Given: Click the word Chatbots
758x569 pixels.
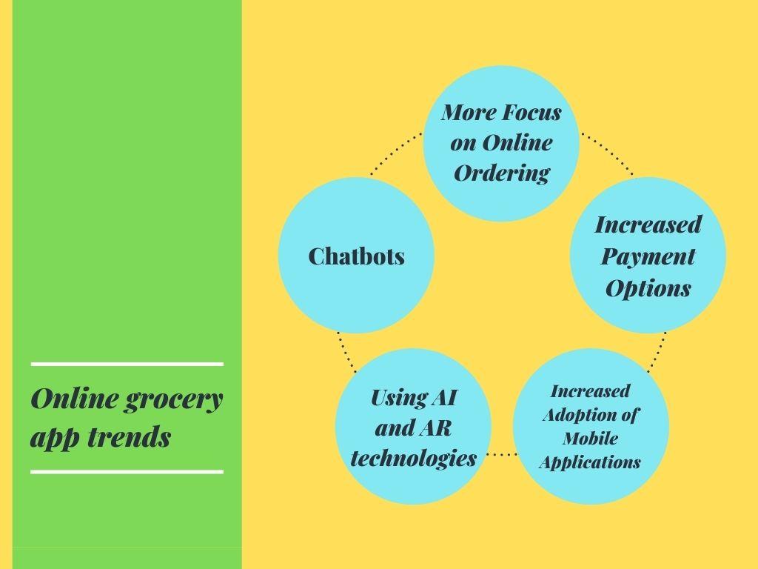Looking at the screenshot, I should pos(356,256).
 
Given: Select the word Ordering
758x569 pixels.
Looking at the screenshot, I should pos(501,173).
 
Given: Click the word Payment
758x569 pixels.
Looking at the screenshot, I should pos(648,256).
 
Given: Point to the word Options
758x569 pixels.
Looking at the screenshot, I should pos(648,288).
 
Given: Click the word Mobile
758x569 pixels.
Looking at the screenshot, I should pos(590,438).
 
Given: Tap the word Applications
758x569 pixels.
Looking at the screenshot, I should pos(589,462).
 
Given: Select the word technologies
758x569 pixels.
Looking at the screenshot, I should pos(413,458).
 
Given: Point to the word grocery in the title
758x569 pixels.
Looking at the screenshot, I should pos(172,399).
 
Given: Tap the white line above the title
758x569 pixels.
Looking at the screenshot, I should pos(127,364).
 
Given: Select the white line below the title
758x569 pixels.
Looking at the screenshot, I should pos(127,471).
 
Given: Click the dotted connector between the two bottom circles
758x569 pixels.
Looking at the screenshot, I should pos(502,453).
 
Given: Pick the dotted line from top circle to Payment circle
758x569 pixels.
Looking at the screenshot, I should pos(608,153).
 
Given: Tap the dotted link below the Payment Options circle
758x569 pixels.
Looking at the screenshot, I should pos(658,350).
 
